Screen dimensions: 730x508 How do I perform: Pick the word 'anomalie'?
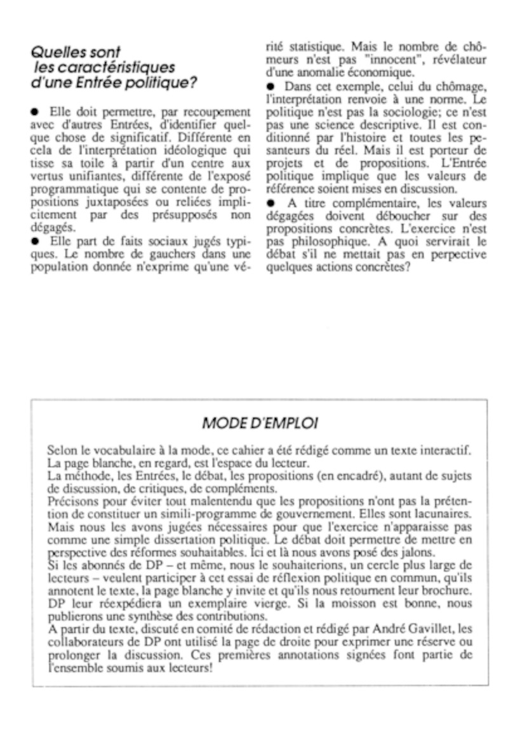pyautogui.click(x=307, y=73)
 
